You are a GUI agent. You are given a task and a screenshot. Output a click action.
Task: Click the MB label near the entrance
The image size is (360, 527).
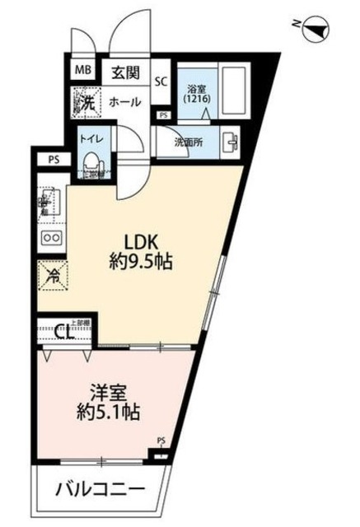(83, 70)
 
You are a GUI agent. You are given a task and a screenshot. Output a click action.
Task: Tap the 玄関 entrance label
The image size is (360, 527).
(124, 71)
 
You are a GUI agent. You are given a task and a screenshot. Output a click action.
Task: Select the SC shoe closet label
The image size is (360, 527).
(162, 81)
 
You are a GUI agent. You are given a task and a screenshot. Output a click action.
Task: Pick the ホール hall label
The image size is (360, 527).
(126, 102)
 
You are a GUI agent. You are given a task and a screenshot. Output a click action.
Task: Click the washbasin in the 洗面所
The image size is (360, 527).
(229, 141)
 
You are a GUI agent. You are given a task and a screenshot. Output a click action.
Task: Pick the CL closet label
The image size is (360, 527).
(63, 333)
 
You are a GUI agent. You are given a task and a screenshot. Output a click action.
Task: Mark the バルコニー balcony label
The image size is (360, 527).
(100, 492)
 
